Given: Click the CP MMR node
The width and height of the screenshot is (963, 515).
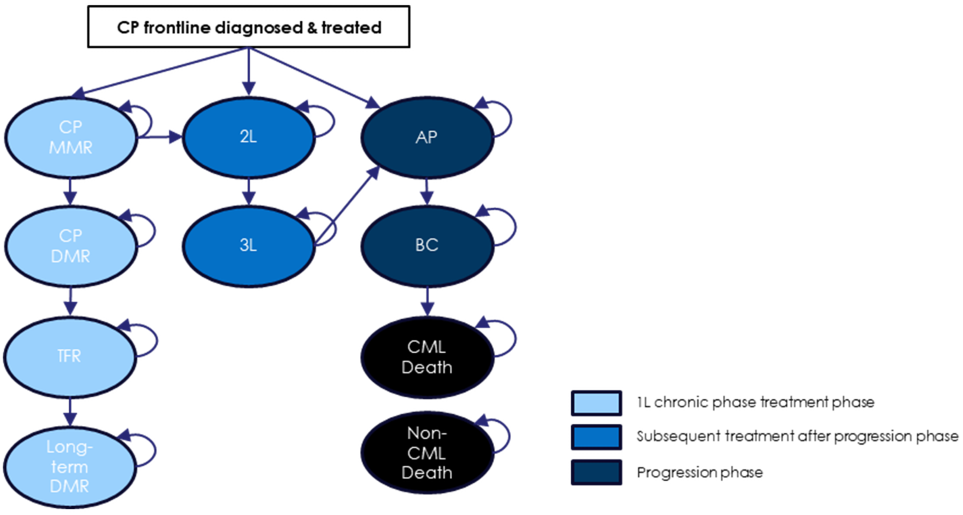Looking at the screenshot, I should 71,137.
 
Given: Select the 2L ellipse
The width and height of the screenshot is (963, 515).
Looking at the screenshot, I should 248,137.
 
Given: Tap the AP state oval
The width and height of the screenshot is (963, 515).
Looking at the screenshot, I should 426,137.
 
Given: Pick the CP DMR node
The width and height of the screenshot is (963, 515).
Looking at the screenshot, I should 71,246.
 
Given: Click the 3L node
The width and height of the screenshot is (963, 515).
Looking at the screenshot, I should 248,246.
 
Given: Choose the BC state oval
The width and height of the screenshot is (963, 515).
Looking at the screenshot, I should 426,246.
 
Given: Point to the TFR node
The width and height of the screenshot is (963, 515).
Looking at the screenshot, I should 69,356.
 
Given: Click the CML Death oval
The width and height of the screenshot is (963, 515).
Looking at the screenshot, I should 426,357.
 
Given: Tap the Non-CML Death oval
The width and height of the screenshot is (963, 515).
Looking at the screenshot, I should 426,453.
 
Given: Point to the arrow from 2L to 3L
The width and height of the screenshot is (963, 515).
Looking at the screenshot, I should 249,192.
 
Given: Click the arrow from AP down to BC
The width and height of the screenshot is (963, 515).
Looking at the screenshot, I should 427,192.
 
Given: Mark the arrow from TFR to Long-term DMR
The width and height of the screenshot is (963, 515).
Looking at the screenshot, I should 70,411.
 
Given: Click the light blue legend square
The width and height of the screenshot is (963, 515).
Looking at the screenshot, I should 596,403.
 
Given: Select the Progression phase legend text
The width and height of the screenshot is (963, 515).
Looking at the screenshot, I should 699,472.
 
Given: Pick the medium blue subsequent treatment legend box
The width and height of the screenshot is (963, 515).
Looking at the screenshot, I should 596,437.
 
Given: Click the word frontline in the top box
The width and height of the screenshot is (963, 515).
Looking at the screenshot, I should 177,27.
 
